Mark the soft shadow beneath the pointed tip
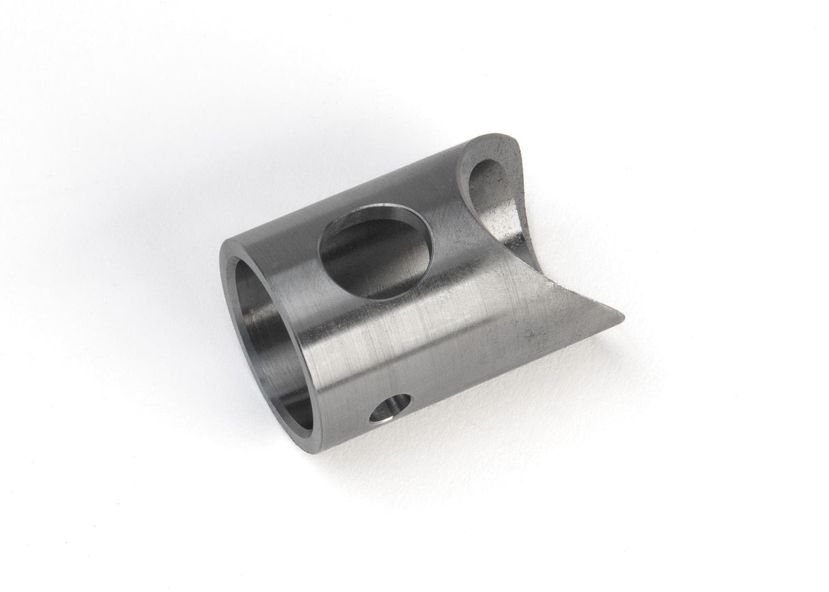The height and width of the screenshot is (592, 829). [x=601, y=341]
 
